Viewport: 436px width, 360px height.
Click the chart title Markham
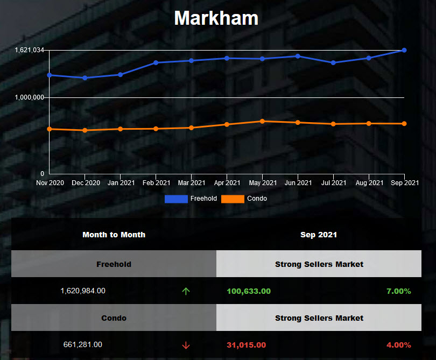coord(216,18)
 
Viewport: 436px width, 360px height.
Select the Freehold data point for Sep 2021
coord(404,50)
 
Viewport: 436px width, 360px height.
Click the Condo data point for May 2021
coord(262,121)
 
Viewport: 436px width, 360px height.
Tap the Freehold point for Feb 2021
coord(156,62)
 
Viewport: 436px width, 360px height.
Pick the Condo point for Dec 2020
coord(85,130)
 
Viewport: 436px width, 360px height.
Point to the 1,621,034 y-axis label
coord(29,50)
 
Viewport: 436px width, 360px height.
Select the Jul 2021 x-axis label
coord(334,183)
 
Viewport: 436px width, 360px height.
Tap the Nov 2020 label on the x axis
coord(50,183)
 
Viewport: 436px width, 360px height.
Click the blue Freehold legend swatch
coord(176,199)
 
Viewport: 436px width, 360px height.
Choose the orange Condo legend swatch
coord(233,199)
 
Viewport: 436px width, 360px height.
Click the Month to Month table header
coord(114,235)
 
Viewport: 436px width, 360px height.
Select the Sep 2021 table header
coord(319,235)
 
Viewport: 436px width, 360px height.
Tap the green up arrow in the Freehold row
coord(186,291)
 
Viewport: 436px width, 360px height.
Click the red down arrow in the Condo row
coord(186,345)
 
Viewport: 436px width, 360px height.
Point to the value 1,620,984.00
coord(83,291)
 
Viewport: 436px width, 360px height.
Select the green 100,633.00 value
coord(249,291)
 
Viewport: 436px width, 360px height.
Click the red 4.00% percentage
coord(398,345)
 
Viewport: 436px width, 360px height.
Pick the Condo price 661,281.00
coord(83,344)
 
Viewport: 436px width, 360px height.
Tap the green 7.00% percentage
coord(398,291)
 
